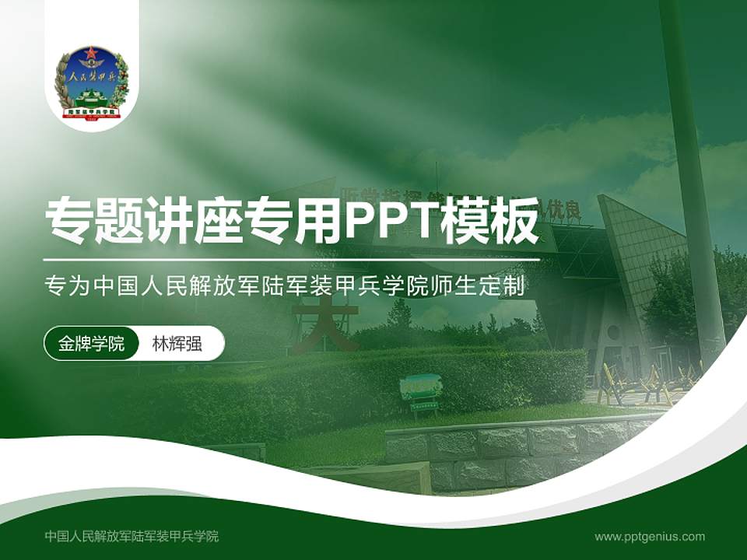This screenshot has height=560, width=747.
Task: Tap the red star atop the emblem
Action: coord(91,55)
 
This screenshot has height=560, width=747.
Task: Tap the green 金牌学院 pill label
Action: coord(91,344)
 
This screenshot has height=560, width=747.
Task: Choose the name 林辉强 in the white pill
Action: coord(177,344)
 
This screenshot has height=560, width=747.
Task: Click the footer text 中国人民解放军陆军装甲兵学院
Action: coord(132,536)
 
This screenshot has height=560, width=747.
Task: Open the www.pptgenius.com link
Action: coord(650,536)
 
